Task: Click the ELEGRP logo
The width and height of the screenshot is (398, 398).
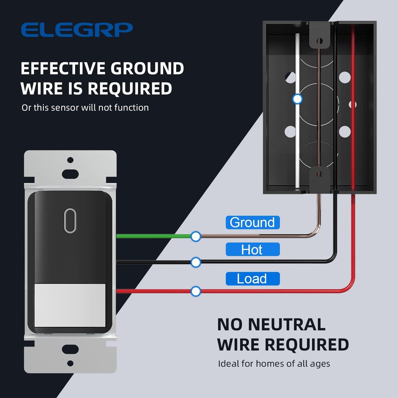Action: [77, 30]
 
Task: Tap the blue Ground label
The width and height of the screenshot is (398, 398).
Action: [252, 222]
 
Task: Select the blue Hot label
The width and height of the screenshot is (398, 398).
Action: [252, 249]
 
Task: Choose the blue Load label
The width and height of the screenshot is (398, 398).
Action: [252, 279]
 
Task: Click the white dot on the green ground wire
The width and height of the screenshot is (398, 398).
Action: [196, 236]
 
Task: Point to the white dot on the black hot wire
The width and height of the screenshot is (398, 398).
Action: [196, 262]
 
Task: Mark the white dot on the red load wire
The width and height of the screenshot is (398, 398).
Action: [196, 291]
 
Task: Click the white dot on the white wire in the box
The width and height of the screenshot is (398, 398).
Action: [297, 99]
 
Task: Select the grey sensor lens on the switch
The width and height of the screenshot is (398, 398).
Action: [70, 305]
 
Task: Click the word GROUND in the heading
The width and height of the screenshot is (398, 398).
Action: [147, 68]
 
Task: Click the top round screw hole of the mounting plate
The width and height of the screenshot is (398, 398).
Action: [70, 160]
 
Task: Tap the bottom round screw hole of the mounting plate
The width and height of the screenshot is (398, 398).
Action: [70, 363]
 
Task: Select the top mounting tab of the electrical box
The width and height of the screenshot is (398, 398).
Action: [320, 36]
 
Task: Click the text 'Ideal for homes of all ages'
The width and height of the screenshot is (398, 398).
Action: [274, 364]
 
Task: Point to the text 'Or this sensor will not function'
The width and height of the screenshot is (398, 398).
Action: [85, 107]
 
